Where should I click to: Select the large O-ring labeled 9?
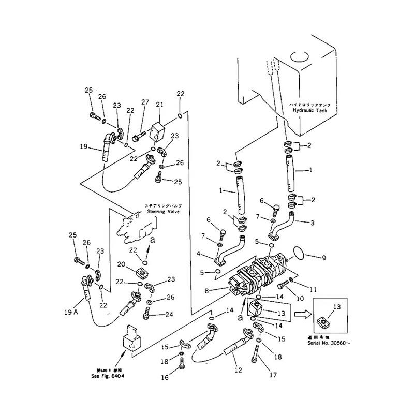coord(297,254)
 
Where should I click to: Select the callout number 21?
coord(160,105)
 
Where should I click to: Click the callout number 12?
coord(239,371)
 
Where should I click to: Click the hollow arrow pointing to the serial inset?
coord(303,314)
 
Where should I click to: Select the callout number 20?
coord(120,264)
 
